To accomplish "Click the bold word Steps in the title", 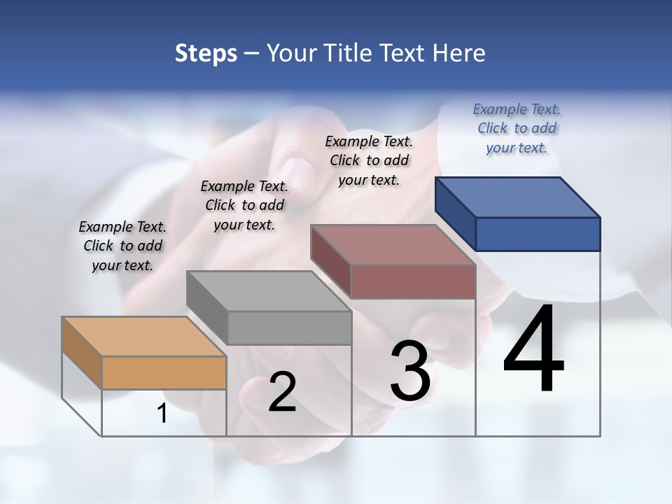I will [x=206, y=53].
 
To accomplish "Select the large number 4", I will [x=533, y=350].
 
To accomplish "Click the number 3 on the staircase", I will [x=410, y=371].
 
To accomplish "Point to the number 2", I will [x=282, y=392].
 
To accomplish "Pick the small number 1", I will [x=162, y=414].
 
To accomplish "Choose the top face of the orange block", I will [x=144, y=337].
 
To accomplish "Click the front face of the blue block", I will [x=538, y=234].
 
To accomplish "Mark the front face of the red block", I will [x=413, y=282].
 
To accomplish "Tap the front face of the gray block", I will [x=289, y=328].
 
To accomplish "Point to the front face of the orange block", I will [x=164, y=372].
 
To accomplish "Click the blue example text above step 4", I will [x=517, y=128].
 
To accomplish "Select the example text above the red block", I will [x=369, y=160].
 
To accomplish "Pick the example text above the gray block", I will [x=244, y=205].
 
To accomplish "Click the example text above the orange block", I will [x=122, y=246].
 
